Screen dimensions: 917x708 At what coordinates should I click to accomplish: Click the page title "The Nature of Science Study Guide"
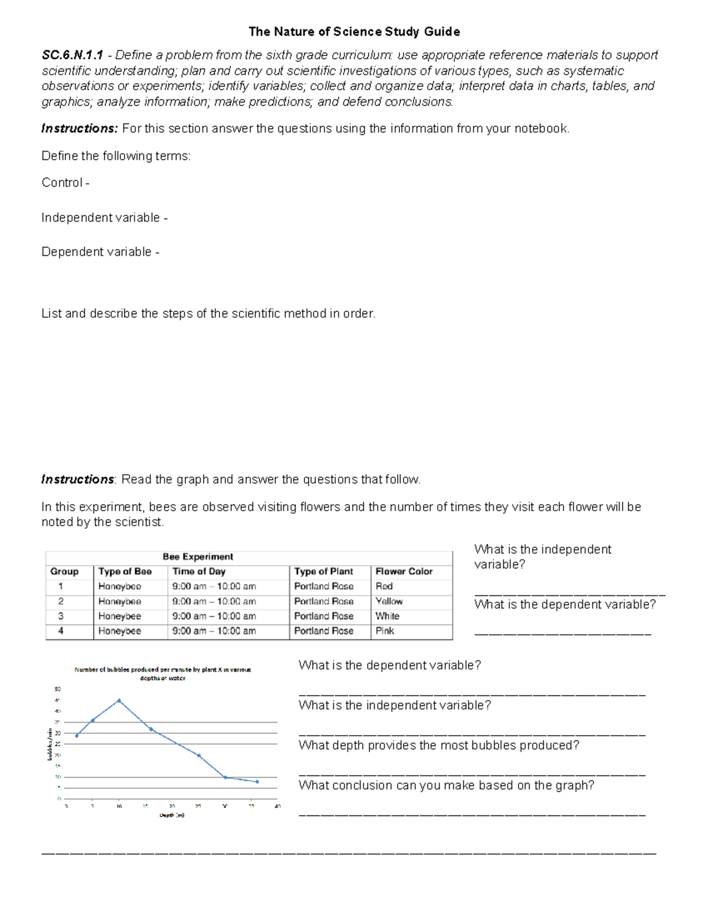coord(354,31)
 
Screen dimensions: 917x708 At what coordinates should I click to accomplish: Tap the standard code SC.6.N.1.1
coord(72,56)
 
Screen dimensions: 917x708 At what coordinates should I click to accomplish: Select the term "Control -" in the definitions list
coord(65,183)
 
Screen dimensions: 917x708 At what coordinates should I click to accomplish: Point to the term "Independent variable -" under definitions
coord(104,218)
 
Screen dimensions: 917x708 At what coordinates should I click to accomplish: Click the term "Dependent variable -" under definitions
coord(100,252)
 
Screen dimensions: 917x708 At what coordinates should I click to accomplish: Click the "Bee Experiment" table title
coord(198,557)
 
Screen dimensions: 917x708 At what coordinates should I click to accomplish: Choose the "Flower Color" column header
coord(404,572)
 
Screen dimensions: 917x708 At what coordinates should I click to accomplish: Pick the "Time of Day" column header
coord(199,572)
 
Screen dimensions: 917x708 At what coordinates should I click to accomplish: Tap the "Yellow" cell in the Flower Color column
coord(389,601)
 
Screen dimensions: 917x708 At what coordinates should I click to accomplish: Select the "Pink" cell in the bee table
coord(385,631)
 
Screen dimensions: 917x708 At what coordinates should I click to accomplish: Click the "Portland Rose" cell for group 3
coord(323,616)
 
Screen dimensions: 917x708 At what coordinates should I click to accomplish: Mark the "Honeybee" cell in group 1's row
coord(120,586)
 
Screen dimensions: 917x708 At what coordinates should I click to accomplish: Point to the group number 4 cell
coord(61,631)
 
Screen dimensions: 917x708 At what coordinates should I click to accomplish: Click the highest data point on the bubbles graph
coord(119,701)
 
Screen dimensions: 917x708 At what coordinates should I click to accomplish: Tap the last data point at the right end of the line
coord(257,782)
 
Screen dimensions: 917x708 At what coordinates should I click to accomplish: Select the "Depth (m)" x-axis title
coord(172,815)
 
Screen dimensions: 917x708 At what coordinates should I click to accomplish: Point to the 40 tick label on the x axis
coord(277,806)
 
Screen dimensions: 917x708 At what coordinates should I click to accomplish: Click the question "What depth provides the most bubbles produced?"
coord(438,746)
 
